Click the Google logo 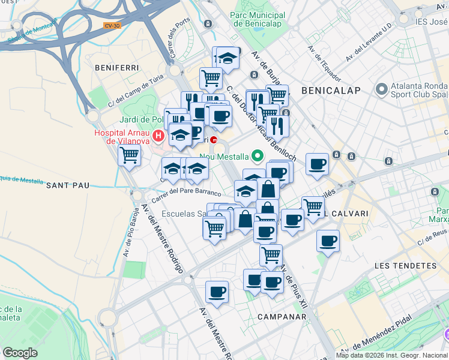(20, 353)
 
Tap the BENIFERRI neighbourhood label (116, 68)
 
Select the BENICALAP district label (331, 91)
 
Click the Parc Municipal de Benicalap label (259, 20)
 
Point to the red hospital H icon (158, 136)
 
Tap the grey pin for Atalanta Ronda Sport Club (381, 90)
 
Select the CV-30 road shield (112, 25)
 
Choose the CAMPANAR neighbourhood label (277, 316)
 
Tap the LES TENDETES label (405, 265)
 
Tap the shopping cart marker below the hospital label (130, 155)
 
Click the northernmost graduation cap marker (228, 58)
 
